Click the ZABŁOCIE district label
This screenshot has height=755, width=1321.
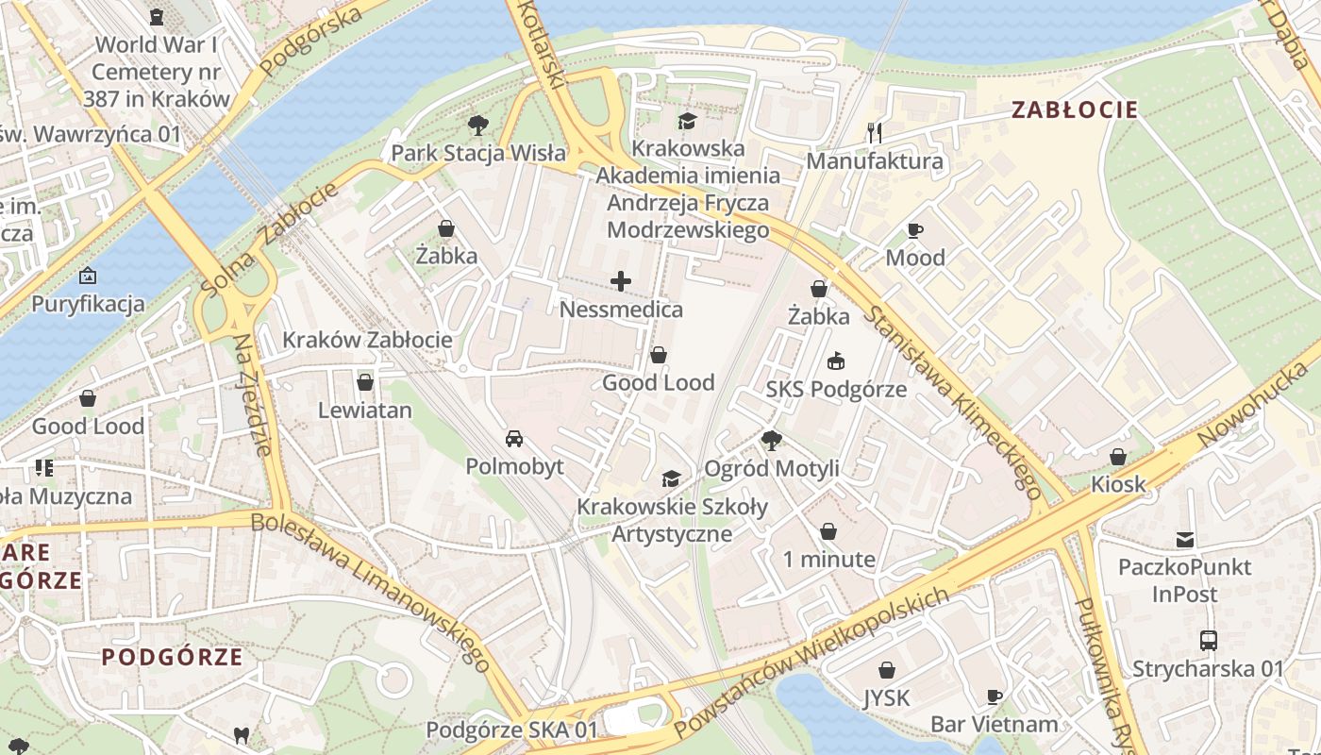pos(1074,109)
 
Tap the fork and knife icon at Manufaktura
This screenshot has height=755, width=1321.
pos(874,133)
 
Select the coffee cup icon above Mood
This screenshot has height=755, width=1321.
pos(914,230)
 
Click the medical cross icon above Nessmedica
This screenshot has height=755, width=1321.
pos(621,281)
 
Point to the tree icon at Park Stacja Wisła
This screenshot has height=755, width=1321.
pos(478,125)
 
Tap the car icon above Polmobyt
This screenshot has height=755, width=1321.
pos(514,439)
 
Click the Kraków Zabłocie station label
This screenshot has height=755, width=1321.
pos(368,340)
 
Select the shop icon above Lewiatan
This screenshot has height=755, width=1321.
pos(365,382)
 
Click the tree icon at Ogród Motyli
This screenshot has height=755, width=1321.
pos(771,440)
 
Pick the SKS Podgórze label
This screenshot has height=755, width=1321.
pos(836,389)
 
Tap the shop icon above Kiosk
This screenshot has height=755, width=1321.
pos(1118,457)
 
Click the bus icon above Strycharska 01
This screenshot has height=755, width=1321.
pos(1208,640)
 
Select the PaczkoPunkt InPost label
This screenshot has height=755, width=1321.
pos(1184,580)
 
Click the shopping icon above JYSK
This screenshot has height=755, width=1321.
pos(887,670)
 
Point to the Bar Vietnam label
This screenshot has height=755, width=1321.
pos(994,724)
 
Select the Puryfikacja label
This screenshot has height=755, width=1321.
pos(88,304)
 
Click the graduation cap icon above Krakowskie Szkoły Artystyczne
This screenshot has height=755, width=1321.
pos(671,479)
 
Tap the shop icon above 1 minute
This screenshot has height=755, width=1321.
pos(828,531)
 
